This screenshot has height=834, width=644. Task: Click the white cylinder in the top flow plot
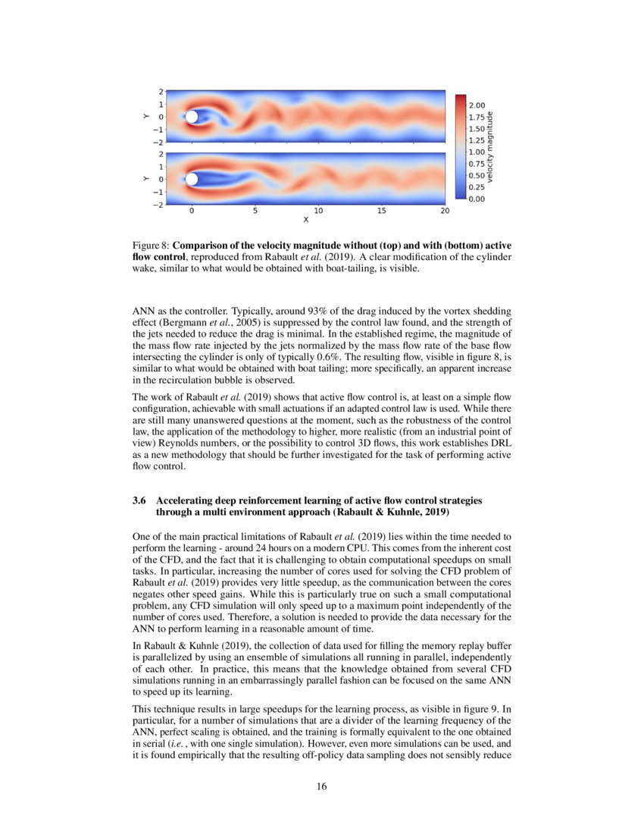(192, 117)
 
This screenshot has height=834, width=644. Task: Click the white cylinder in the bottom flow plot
(192, 179)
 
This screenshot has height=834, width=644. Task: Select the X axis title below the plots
(305, 220)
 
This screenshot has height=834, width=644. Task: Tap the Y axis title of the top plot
(144, 117)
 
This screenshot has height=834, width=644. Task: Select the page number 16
(322, 785)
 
